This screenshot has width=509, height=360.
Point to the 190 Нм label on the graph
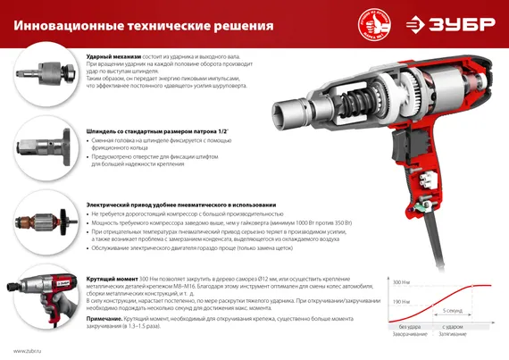click(399, 302)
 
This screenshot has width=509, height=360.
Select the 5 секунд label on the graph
click(453, 311)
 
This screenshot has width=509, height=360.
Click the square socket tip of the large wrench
click(283, 112)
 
